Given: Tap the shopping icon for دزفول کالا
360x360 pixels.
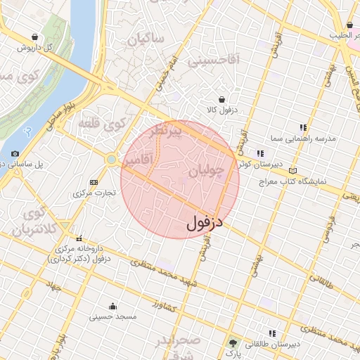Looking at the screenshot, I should tap(222, 99).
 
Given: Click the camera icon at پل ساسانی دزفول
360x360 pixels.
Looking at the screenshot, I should tap(15, 153).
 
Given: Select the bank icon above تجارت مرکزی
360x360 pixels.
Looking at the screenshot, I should tap(94, 183).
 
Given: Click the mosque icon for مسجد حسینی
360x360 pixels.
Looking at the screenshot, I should tap(112, 306).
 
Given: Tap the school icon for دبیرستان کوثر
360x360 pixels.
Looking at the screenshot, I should tap(260, 153).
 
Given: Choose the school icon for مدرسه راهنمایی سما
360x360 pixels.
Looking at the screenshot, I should tap(303, 127).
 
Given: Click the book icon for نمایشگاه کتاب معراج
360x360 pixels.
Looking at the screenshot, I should tap(292, 170).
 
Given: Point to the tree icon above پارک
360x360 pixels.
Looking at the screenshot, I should tap(233, 343).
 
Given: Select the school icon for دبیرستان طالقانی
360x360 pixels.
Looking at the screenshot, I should tap(271, 333).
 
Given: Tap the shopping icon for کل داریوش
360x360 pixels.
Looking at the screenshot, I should tap(35, 37).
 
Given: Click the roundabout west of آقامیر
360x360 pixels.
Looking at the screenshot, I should tap(111, 160).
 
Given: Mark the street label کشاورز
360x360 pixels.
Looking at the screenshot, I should tap(165, 306).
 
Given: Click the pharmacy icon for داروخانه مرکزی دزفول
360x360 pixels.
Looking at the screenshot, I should tap(79, 238).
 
